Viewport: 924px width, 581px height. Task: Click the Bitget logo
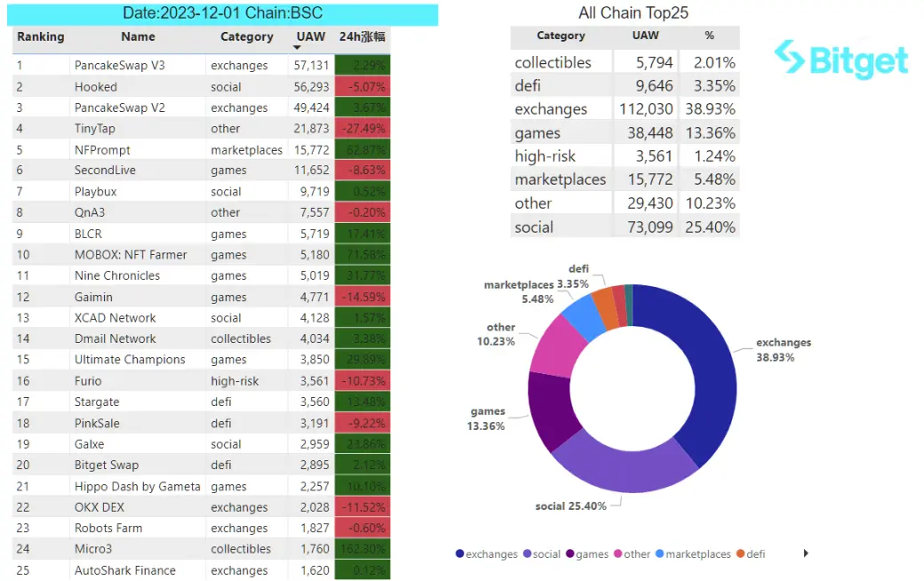840,60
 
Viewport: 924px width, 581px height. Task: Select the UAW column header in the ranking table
311,37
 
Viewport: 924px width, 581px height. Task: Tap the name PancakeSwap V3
120,66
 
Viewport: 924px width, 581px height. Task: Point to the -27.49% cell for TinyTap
362,129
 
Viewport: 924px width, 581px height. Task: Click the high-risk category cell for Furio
235,381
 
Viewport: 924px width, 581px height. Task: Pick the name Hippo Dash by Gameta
138,486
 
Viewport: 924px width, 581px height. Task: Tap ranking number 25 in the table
23,570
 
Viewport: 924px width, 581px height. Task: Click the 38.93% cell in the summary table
709,109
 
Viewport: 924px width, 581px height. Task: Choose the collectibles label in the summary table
553,63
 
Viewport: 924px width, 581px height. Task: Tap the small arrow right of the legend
806,553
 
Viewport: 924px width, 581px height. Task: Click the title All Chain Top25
633,12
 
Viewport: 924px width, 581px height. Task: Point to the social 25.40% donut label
570,506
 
